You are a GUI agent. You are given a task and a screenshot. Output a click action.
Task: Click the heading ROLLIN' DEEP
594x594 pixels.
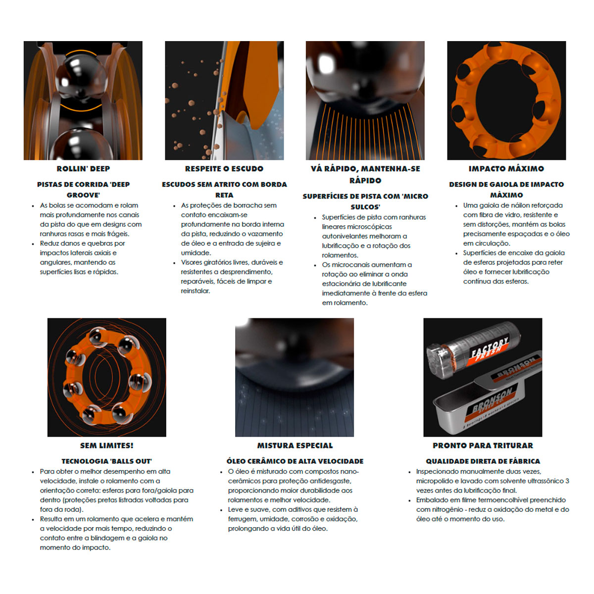(x=83, y=169)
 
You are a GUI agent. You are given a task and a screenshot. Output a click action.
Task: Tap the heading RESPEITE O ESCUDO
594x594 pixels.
(x=224, y=169)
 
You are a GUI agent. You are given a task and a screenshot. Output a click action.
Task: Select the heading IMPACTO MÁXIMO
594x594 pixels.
(x=506, y=169)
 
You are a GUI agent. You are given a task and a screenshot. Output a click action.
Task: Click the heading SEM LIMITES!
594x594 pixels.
(x=106, y=445)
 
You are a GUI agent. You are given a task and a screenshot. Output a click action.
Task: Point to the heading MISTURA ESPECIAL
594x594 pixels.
(x=295, y=445)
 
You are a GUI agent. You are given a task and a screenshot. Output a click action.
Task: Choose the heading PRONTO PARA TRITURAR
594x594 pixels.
(x=483, y=445)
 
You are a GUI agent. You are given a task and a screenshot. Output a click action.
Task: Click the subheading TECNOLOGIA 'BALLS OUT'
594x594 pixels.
(x=106, y=461)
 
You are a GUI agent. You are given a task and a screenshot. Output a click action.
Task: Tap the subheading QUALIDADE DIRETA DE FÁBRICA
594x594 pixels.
(x=483, y=461)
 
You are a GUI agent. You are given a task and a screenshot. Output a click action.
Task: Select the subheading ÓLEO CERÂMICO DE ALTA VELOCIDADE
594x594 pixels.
(x=295, y=461)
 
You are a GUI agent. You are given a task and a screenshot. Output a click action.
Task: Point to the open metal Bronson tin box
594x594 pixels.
(x=481, y=407)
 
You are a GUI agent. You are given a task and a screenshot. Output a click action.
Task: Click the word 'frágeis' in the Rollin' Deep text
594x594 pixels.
(x=118, y=234)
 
